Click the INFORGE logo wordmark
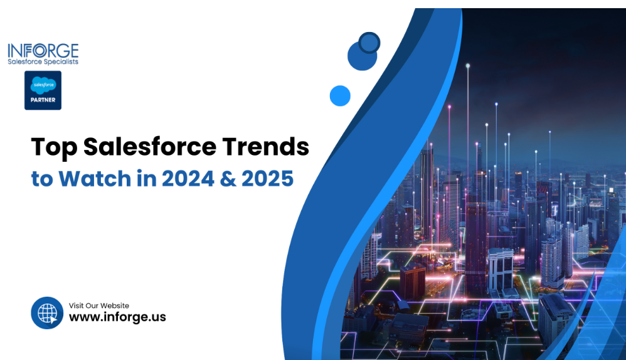point(43,50)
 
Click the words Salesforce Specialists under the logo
point(43,62)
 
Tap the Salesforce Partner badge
point(43,90)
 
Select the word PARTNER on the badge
point(43,99)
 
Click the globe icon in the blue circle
point(47,312)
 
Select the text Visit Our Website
point(99,305)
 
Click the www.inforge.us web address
point(117,317)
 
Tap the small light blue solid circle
point(339,95)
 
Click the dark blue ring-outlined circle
point(369,43)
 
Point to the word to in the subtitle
point(42,179)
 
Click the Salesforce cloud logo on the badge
point(43,84)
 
